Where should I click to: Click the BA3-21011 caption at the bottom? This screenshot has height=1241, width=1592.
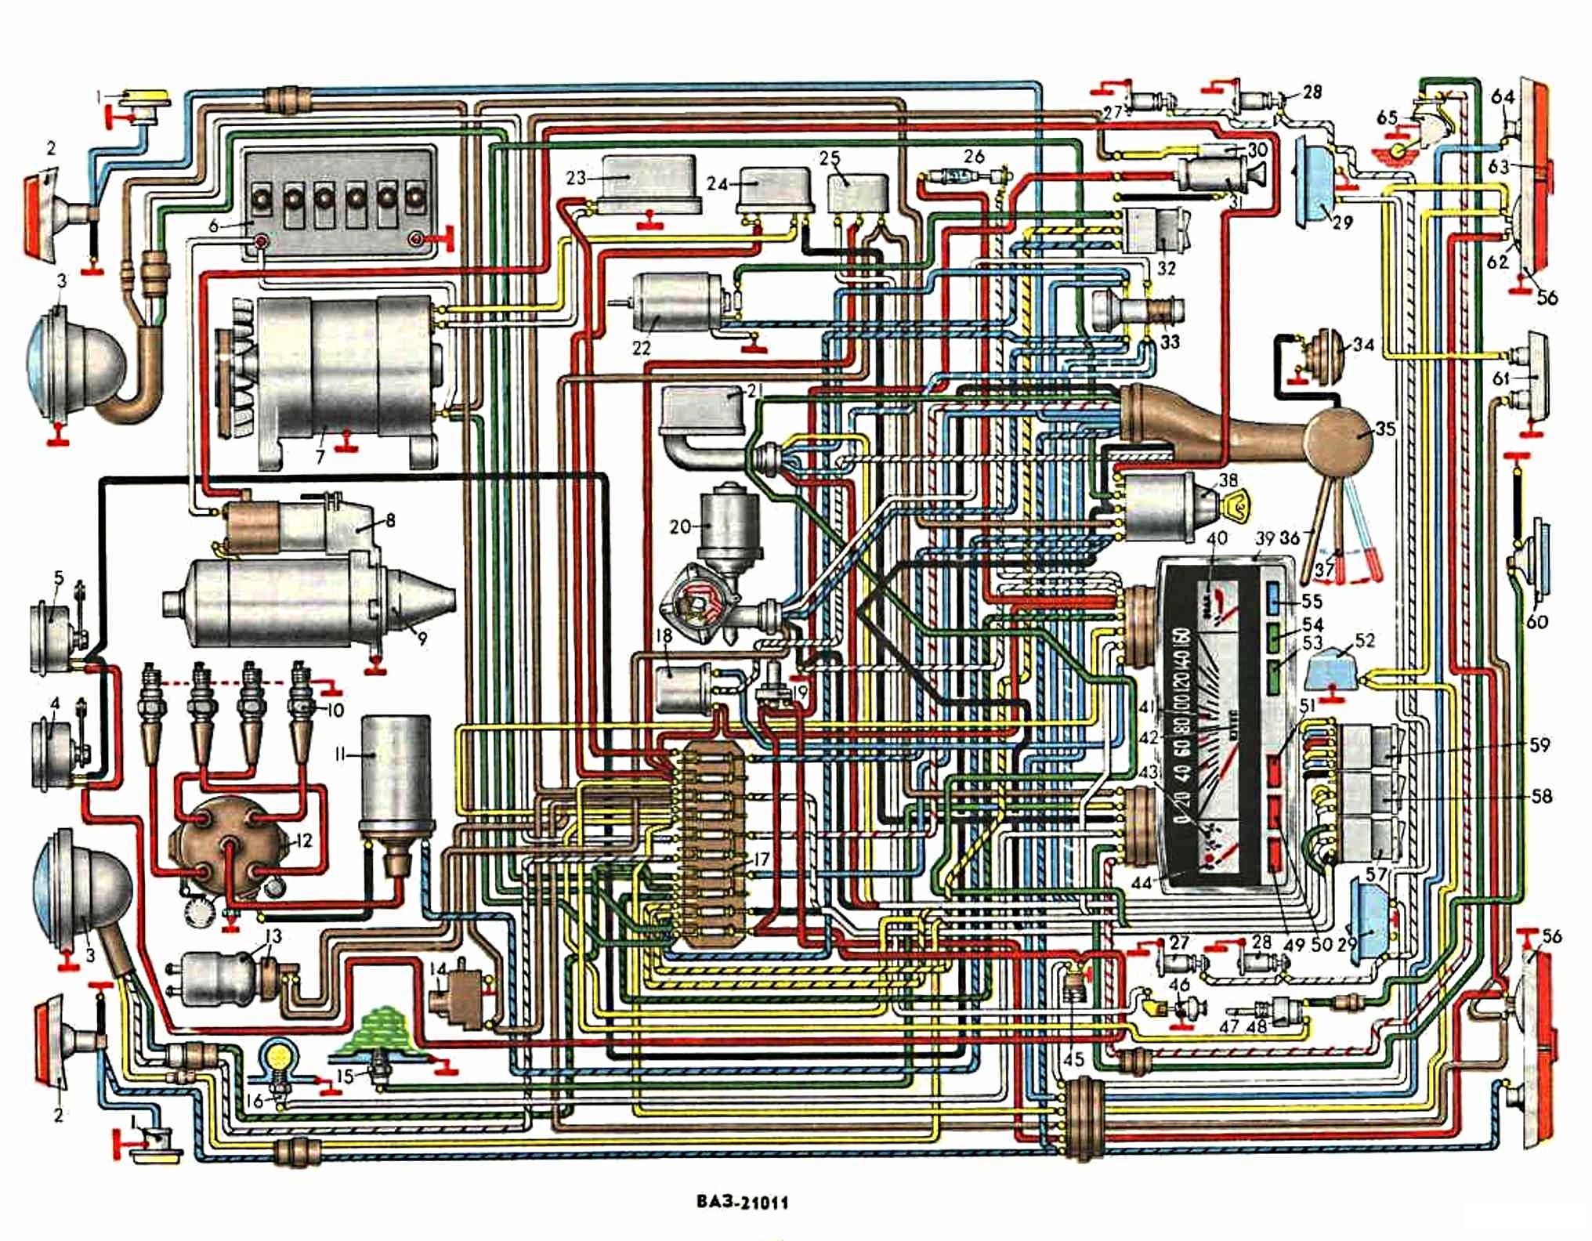pos(741,1202)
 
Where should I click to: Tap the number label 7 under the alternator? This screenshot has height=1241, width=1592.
pos(320,456)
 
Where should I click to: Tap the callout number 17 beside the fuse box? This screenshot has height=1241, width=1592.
pos(762,859)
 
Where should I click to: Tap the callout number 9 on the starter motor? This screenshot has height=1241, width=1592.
pos(422,639)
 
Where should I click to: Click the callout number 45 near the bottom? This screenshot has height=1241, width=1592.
pos(1073,1059)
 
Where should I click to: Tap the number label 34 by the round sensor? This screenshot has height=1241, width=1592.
pos(1363,344)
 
